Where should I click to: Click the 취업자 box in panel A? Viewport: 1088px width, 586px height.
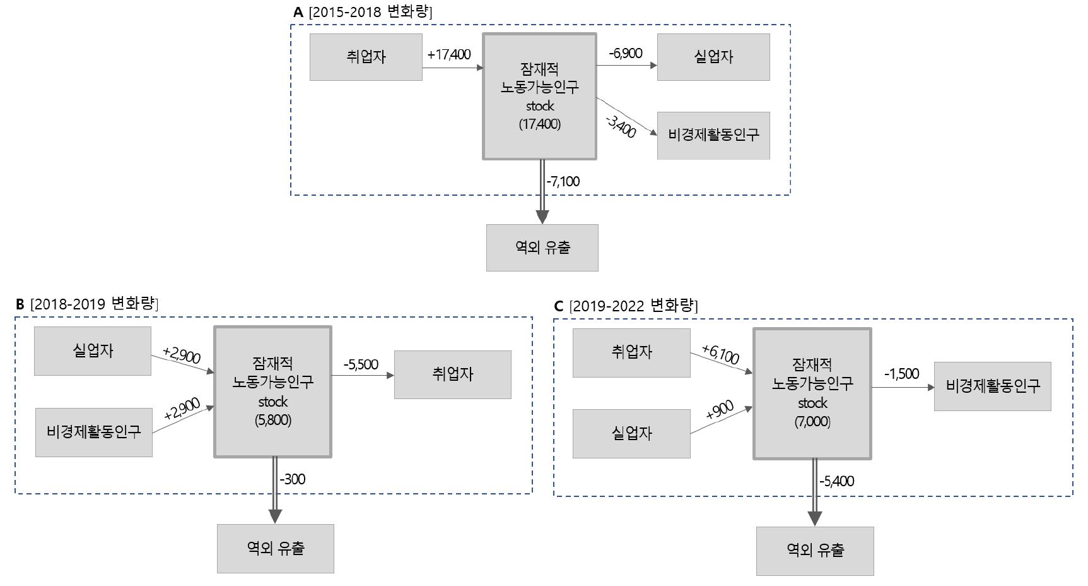pos(366,57)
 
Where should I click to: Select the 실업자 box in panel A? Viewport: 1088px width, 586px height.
pos(713,57)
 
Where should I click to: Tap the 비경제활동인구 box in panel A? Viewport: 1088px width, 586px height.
pos(713,135)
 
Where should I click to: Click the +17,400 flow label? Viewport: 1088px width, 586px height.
pos(449,54)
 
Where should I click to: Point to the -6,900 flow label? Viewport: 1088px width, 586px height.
pos(626,53)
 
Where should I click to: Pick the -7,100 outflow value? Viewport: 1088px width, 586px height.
pos(563,181)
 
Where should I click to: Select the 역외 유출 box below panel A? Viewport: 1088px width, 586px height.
pos(542,248)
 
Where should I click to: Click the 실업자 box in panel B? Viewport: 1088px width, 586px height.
pos(93,350)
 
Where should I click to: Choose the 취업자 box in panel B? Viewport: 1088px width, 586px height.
pos(453,374)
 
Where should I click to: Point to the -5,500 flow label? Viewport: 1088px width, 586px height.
pos(361,364)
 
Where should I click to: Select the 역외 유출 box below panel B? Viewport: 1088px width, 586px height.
pos(276,548)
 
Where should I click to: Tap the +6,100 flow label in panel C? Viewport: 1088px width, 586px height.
pos(720,354)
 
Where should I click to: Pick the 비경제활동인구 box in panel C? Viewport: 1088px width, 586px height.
pos(993,386)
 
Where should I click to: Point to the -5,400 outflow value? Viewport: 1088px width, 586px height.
pos(837,481)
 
